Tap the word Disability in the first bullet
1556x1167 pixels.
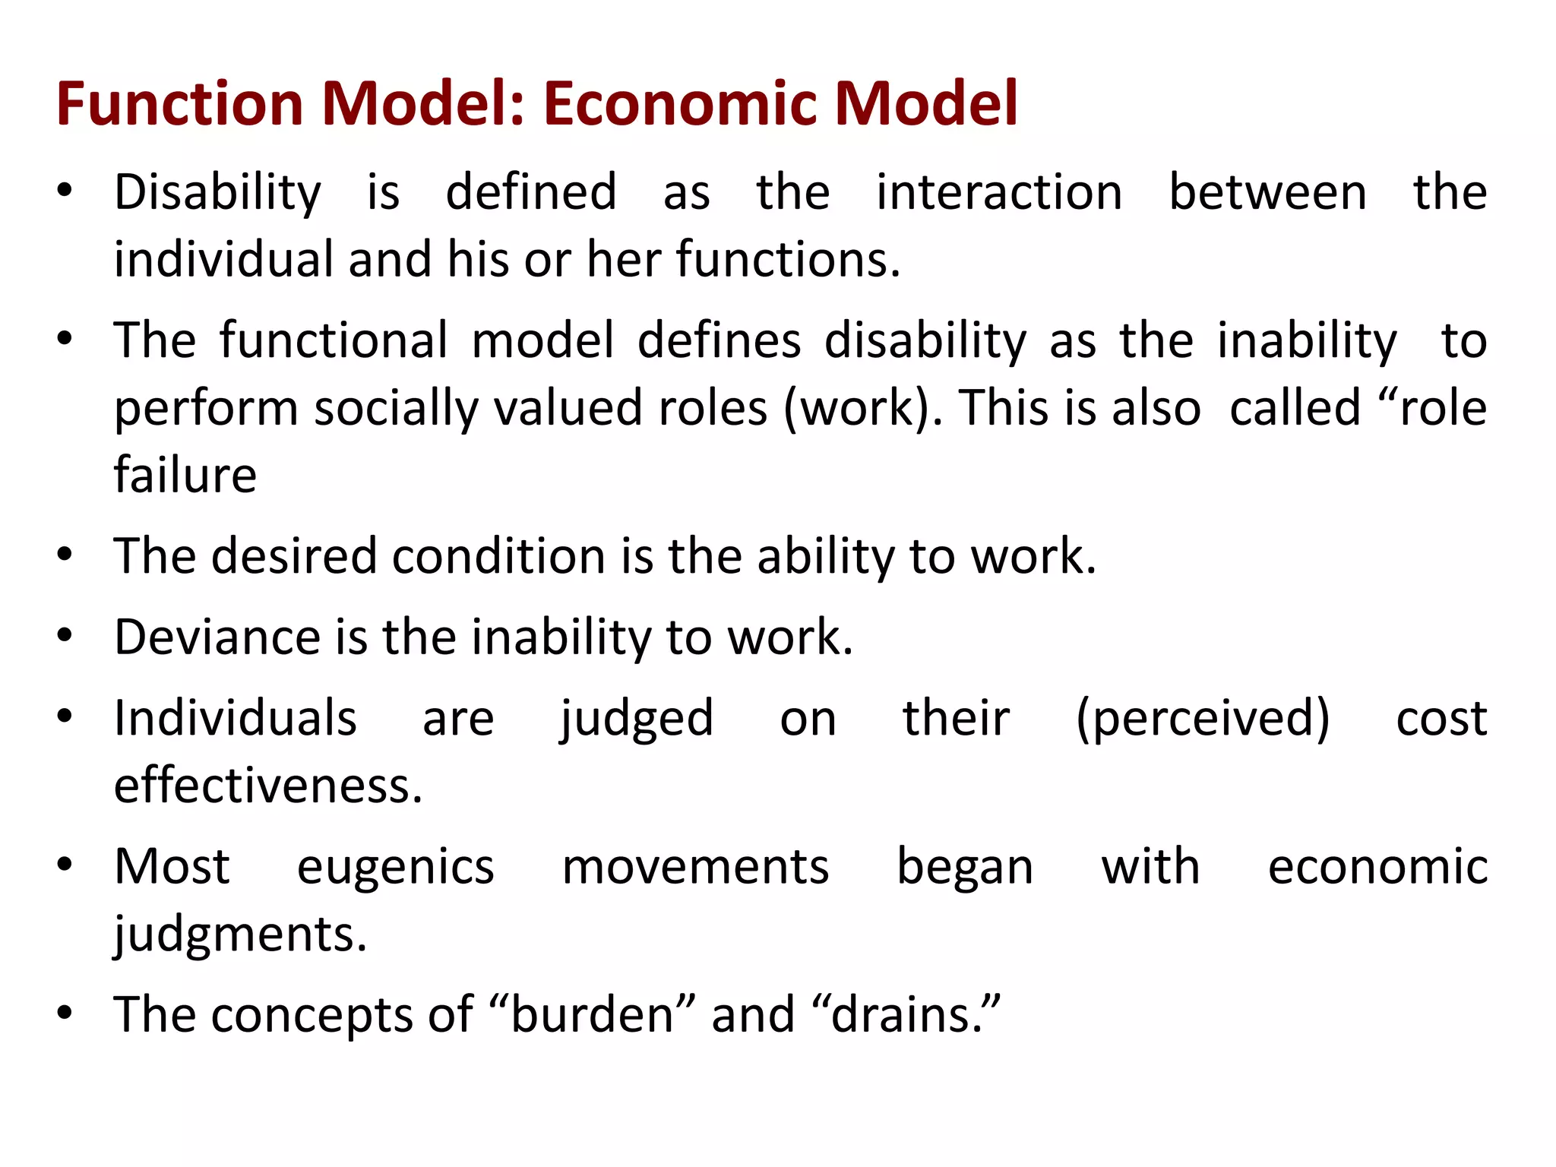pyautogui.click(x=217, y=193)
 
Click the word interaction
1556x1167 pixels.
pyautogui.click(x=998, y=193)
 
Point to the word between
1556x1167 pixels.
pyautogui.click(x=1267, y=193)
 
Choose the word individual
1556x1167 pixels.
pyautogui.click(x=223, y=260)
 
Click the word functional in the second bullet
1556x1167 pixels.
pyautogui.click(x=334, y=341)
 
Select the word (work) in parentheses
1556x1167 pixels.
pyautogui.click(x=861, y=409)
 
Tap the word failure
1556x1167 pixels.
pyautogui.click(x=185, y=476)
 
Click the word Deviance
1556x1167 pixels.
pyautogui.click(x=217, y=637)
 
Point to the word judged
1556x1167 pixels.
pyautogui.click(x=637, y=719)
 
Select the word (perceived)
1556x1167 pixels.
pyautogui.click(x=1203, y=719)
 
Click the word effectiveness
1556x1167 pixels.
pyautogui.click(x=267, y=786)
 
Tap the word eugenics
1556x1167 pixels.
pyautogui.click(x=395, y=867)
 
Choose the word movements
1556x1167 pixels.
pyautogui.click(x=695, y=867)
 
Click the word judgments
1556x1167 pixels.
pyautogui.click(x=240, y=935)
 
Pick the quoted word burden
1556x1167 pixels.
pyautogui.click(x=593, y=1015)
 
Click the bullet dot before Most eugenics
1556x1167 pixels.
pyautogui.click(x=65, y=865)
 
